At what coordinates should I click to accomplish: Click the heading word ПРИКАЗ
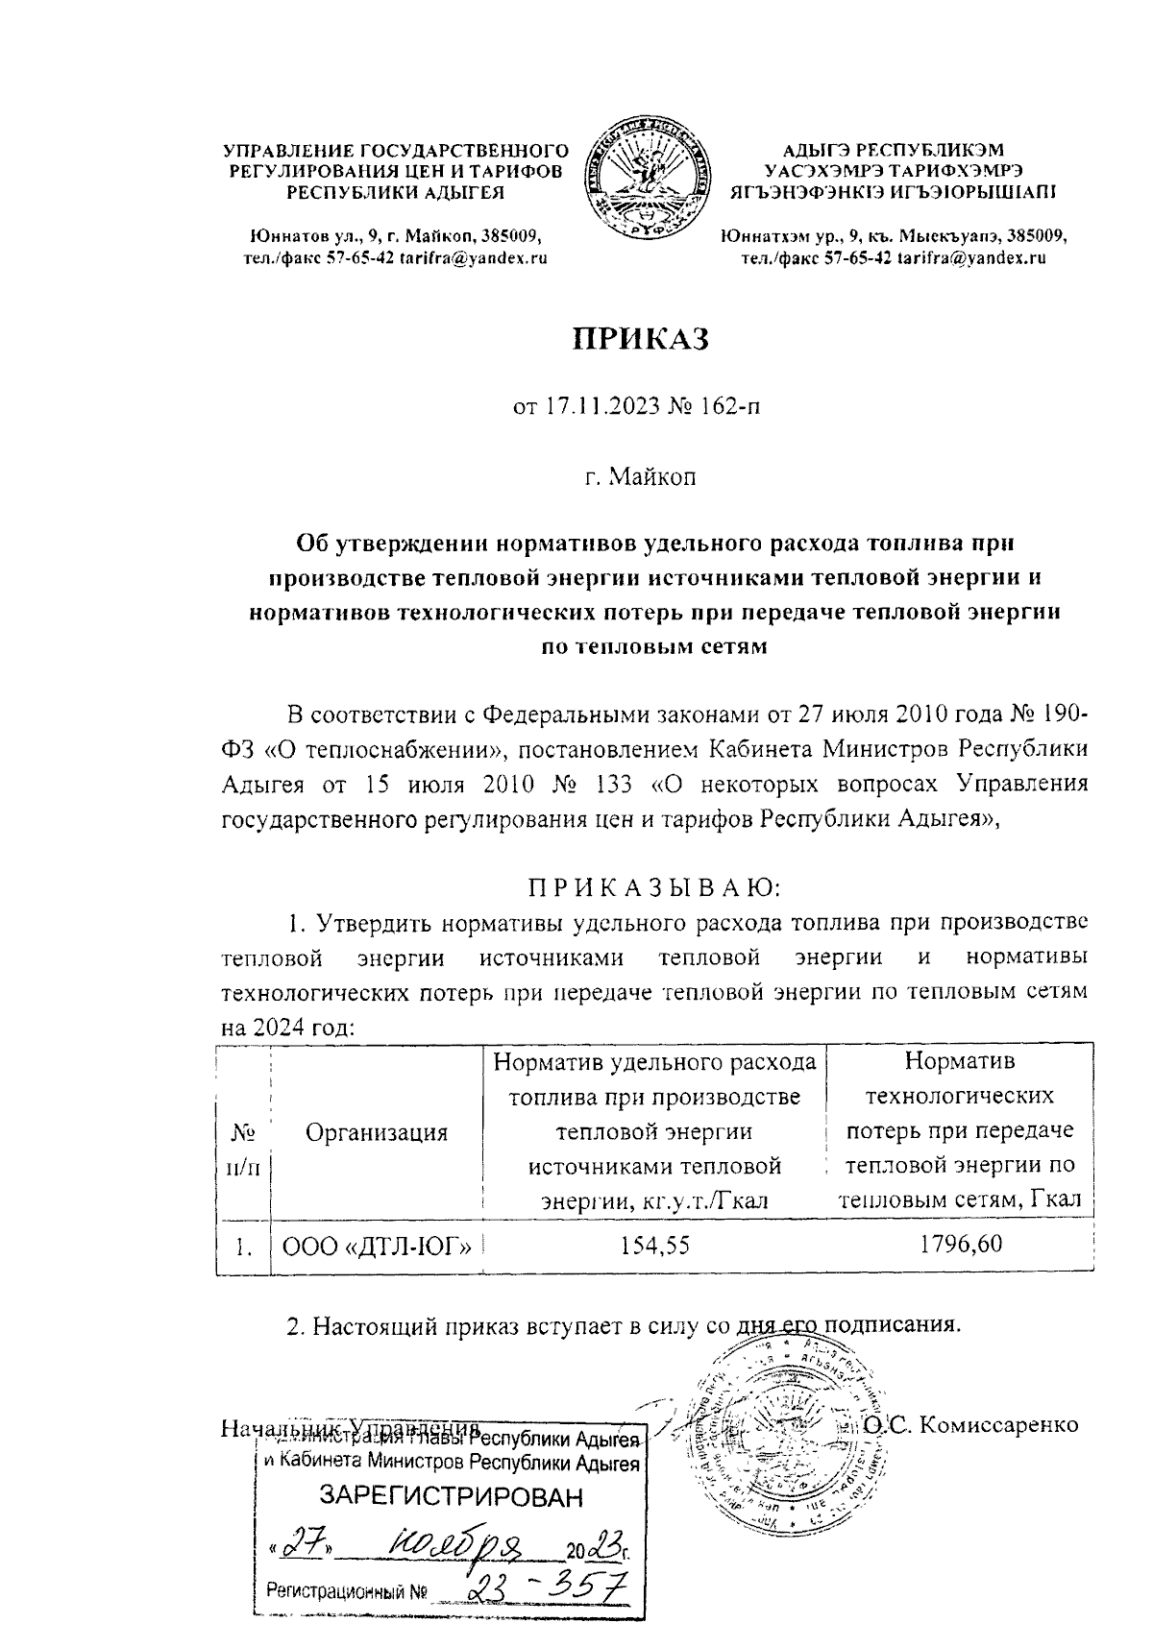tap(640, 339)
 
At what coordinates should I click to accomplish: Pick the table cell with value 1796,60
tap(960, 1246)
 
